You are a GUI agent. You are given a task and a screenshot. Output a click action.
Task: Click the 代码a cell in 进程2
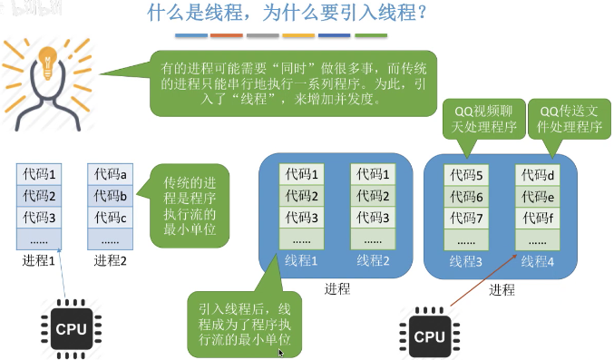(112, 173)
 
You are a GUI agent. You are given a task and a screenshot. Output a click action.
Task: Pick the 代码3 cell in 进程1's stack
(40, 218)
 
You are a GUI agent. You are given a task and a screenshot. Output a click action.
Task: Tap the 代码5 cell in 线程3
(468, 173)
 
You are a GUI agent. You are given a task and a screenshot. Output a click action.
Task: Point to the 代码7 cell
(468, 218)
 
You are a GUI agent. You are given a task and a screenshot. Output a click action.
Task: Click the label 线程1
(302, 261)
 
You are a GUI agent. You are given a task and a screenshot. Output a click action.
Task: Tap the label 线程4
(540, 261)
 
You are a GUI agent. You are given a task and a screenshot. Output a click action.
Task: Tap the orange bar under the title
(227, 36)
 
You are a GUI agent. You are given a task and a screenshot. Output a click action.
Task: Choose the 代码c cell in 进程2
(112, 218)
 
